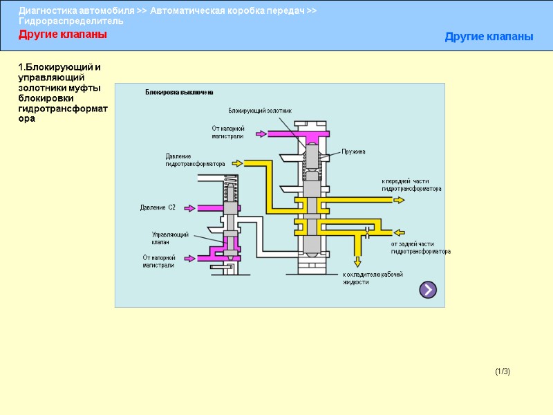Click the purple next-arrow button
428,290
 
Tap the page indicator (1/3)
503,372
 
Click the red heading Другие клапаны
63,35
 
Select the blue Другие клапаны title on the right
489,37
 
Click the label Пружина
353,151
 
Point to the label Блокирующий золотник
260,111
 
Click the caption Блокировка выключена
178,92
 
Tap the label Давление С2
158,207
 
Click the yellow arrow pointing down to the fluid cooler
357,261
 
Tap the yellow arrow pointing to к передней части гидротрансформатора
399,200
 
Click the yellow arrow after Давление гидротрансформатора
237,163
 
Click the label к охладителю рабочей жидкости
372,278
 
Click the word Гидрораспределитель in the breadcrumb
71,21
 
